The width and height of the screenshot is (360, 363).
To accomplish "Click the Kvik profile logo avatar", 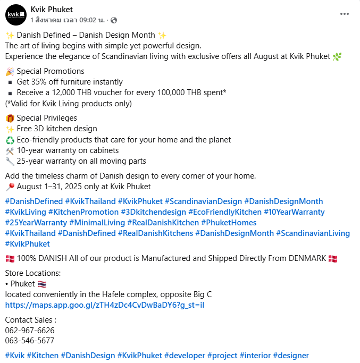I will (15, 14).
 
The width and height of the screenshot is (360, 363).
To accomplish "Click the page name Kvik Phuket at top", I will (52, 10).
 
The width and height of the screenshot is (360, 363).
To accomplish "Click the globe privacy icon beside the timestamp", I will (113, 20).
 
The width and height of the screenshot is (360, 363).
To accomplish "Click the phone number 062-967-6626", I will (30, 330).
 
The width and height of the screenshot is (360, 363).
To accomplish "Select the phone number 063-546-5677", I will (30, 341).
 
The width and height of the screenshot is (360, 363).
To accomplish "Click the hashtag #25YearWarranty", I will (35, 223).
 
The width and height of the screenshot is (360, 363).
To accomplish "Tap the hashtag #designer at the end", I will (291, 356).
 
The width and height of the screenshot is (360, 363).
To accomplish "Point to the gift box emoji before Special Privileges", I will (10, 118).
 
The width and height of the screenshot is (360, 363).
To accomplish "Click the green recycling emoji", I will (10, 140).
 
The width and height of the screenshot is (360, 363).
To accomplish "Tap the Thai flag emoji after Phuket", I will (42, 284).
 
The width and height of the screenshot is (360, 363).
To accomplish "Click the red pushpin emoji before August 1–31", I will (10, 187).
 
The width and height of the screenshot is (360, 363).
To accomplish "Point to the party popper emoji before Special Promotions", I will (10, 71).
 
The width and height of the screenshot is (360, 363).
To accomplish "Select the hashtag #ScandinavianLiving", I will (313, 233).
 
